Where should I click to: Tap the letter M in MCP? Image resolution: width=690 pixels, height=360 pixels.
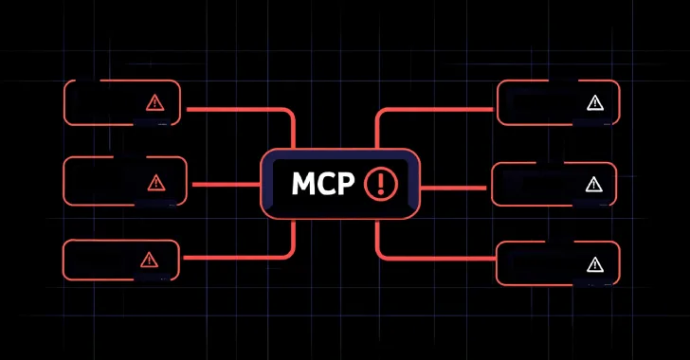pyautogui.click(x=290, y=183)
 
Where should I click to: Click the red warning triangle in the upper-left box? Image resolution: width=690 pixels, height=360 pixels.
pyautogui.click(x=154, y=103)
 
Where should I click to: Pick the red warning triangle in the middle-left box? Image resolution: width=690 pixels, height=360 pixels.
pyautogui.click(x=154, y=181)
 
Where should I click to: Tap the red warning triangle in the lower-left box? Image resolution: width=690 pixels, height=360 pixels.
pyautogui.click(x=149, y=260)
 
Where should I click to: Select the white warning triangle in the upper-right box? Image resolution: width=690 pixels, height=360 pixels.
pyautogui.click(x=594, y=103)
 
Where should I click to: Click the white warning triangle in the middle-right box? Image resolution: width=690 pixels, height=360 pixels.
pyautogui.click(x=594, y=184)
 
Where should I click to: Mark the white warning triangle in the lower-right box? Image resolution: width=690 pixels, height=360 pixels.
pyautogui.click(x=594, y=263)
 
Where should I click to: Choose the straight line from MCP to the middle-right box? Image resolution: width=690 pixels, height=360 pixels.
pyautogui.click(x=455, y=187)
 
